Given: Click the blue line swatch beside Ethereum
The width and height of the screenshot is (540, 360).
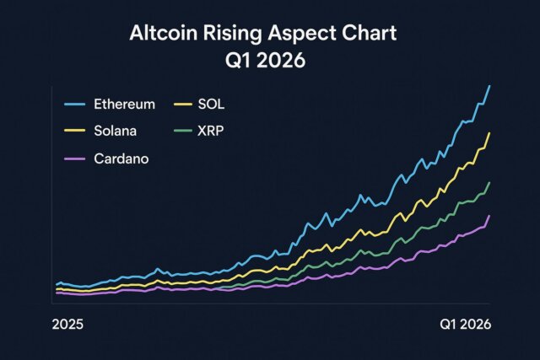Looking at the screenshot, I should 76,104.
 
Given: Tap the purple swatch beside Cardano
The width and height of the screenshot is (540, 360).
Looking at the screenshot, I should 76,159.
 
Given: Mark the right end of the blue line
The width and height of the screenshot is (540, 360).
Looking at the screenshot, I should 490,86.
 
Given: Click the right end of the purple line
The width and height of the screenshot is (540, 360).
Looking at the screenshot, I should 489,216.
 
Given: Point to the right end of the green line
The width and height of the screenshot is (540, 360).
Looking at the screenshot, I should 490,182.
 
